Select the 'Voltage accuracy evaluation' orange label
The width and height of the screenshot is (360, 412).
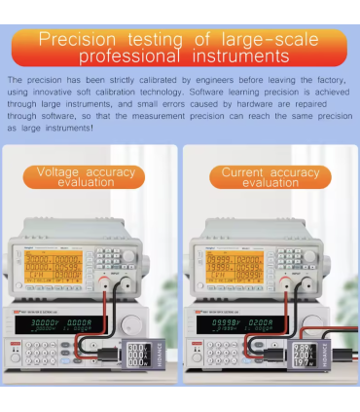90,177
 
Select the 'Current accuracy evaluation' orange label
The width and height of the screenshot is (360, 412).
270,177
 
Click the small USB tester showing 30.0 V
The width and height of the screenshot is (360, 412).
137,356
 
